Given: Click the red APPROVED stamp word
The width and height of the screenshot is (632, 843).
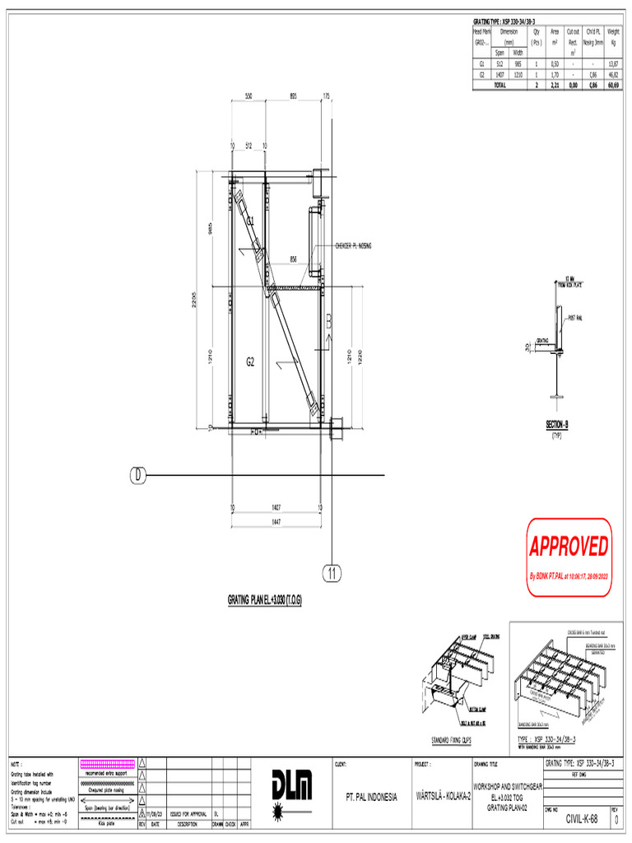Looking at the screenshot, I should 569,546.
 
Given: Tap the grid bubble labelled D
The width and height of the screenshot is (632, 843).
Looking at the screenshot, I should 138,475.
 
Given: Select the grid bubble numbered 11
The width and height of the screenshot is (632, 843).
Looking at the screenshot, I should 331,574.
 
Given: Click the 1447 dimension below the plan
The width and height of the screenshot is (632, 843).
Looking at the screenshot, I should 276,523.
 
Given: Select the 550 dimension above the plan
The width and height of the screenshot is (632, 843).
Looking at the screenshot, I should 248,95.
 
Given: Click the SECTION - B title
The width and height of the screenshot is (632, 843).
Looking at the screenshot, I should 557,425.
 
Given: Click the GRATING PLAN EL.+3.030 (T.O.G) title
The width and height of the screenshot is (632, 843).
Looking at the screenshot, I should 264,600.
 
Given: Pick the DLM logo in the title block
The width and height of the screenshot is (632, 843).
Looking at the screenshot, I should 292,794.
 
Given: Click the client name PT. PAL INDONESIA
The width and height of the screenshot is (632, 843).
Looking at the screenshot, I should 370,797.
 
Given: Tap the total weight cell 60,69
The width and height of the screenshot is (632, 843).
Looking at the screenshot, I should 613,84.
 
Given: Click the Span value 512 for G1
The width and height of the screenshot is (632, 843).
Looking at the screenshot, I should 500,63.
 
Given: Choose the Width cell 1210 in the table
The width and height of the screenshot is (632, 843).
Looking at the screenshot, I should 518,74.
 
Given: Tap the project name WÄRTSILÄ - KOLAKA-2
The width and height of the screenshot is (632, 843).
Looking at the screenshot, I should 442,797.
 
